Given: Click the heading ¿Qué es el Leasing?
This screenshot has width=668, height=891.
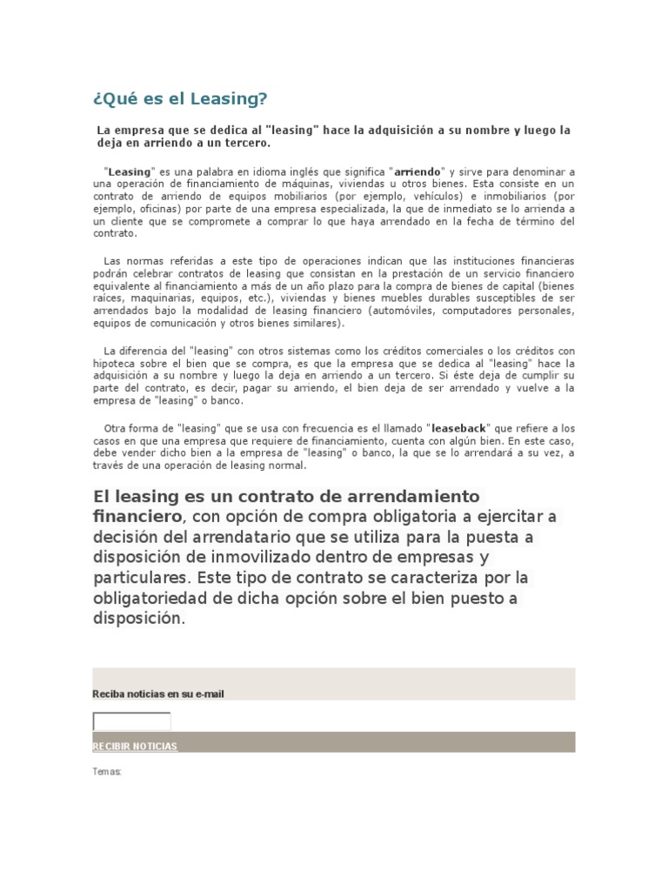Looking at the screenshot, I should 179,98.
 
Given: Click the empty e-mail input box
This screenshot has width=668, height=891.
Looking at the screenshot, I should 131,720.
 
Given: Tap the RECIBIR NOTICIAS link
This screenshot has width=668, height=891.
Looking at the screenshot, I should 135,747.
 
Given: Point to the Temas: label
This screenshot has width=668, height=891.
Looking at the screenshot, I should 107,771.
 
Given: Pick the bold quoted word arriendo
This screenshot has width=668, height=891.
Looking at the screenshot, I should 419,172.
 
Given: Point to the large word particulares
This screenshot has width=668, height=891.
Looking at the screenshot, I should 141,579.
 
